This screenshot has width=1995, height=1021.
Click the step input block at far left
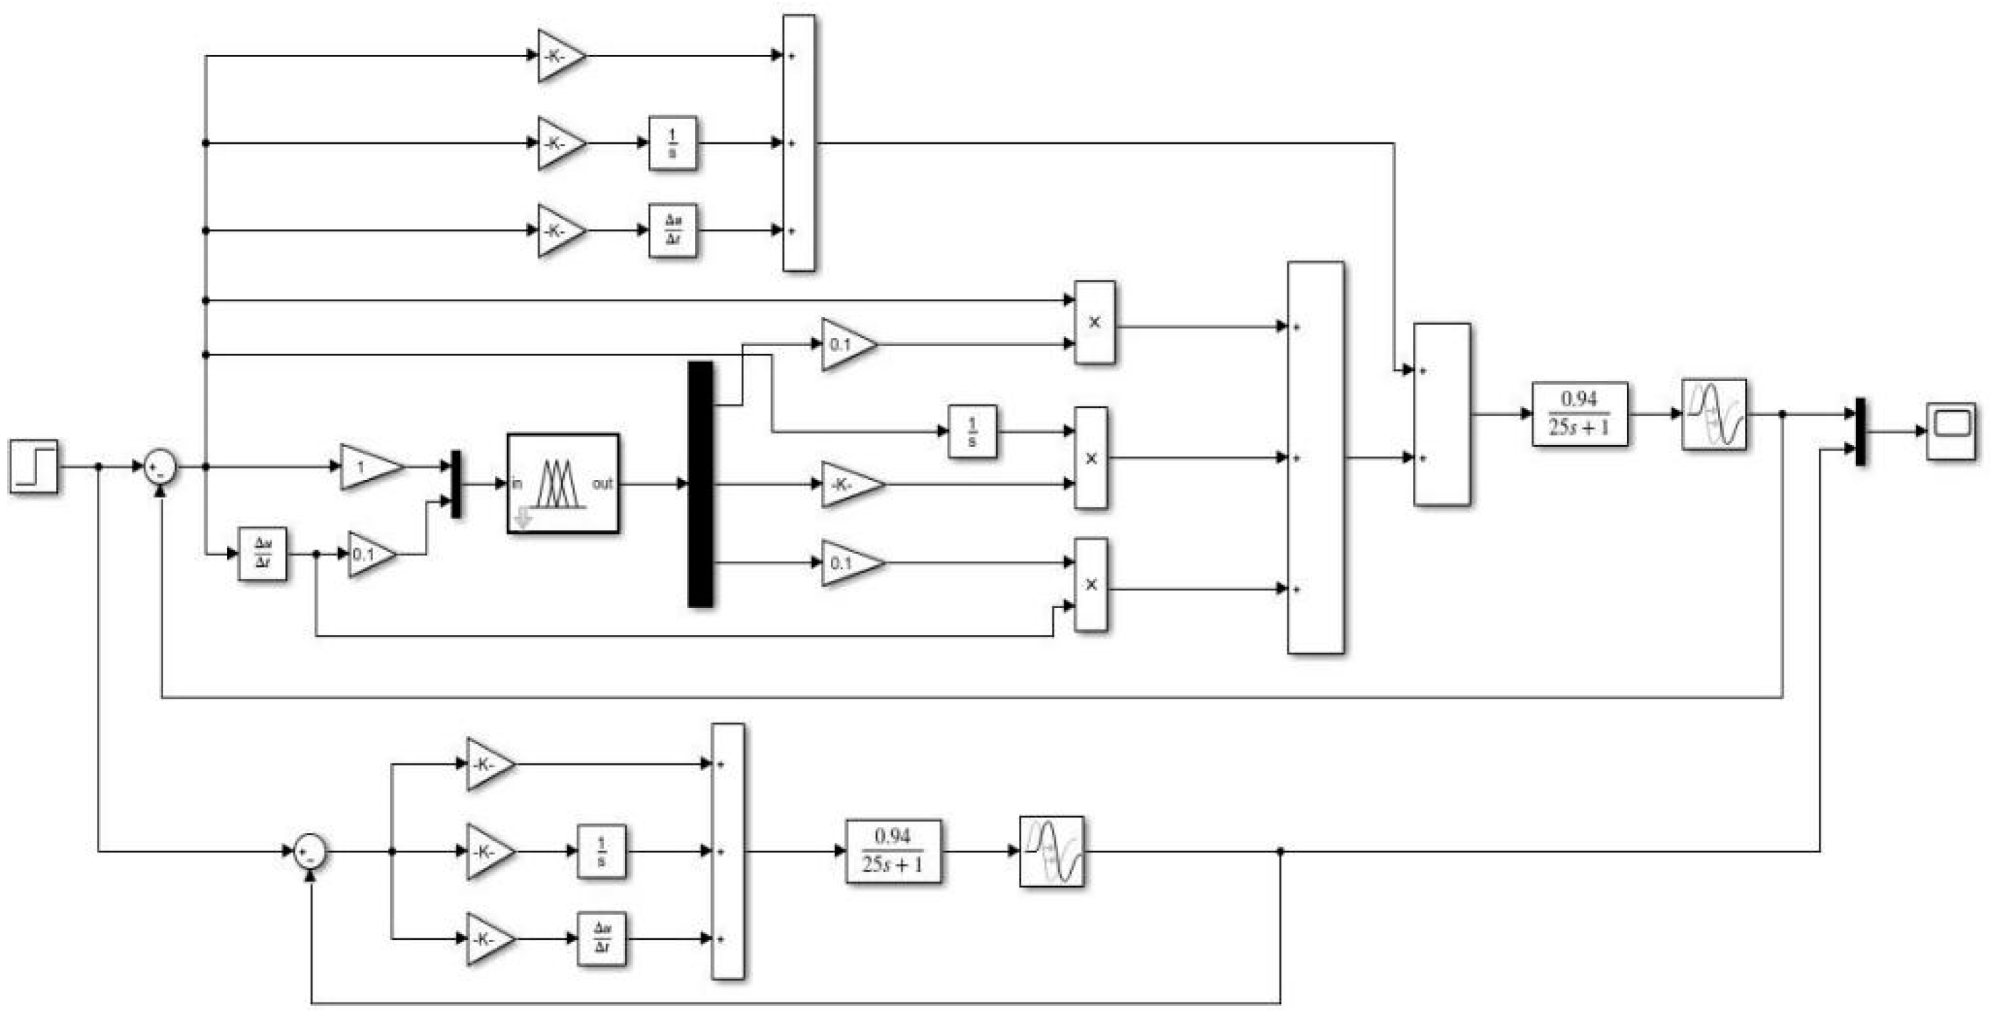pos(34,466)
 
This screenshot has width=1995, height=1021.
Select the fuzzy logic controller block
pos(562,483)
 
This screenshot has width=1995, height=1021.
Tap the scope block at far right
pos(1950,431)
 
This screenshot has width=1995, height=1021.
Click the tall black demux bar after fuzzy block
pos(700,484)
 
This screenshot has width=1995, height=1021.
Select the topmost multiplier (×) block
pos(1094,323)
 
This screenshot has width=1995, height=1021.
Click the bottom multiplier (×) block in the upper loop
pos(1091,585)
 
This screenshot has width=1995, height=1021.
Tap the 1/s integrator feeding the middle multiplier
pos(972,431)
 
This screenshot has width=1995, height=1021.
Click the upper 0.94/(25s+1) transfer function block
pos(1579,414)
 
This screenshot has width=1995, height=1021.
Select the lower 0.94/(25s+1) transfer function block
pos(893,851)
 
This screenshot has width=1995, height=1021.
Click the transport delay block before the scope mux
pos(1713,414)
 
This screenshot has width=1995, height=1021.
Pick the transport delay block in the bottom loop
pos(1051,851)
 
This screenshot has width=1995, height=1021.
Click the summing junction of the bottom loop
pos(310,852)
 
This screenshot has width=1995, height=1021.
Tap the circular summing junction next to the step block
pos(160,467)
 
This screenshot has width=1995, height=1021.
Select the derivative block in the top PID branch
pos(672,230)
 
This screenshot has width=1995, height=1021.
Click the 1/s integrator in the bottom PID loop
pos(601,851)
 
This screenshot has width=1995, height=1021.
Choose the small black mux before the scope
pos(1860,431)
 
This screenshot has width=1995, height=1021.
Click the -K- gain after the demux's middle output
pos(849,484)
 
